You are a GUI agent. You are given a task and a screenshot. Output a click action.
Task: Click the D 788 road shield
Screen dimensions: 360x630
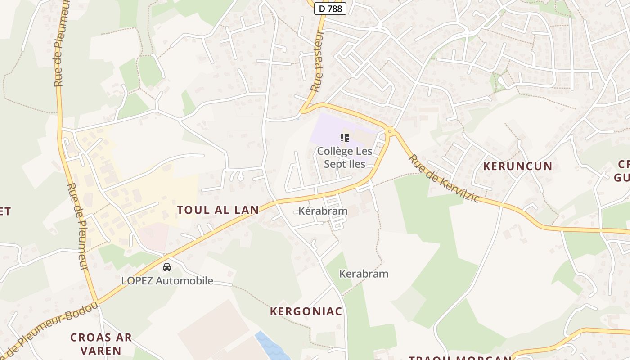[x=330, y=8]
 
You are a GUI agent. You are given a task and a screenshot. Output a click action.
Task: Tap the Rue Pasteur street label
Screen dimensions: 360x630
[x=318, y=61]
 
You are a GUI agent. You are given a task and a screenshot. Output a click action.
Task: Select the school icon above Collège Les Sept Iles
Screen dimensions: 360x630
[x=345, y=138]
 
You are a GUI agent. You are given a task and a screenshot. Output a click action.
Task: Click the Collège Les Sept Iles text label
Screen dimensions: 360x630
[x=345, y=157]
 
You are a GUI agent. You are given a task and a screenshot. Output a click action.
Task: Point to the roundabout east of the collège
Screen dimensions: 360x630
[x=390, y=131]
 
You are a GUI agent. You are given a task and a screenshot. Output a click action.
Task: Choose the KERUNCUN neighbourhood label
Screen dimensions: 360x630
[x=517, y=166]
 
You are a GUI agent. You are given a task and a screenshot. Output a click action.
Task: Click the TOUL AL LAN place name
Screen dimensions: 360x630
[x=218, y=210]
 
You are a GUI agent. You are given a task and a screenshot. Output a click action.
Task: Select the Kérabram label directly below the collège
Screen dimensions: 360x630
[x=323, y=211]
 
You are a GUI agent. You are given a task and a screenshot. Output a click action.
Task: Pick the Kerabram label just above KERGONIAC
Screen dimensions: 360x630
[x=364, y=274]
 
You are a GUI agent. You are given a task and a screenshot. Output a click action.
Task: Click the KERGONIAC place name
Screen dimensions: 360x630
[x=306, y=311]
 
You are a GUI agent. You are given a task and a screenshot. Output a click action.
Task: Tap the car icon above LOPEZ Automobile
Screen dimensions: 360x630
[x=167, y=267]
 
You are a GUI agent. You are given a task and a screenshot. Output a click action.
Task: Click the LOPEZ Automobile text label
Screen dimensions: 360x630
[x=167, y=281]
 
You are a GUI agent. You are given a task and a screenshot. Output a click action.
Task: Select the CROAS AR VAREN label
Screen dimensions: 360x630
[x=101, y=343]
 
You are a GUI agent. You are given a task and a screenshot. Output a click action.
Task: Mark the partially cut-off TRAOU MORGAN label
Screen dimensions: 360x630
[x=459, y=358]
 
